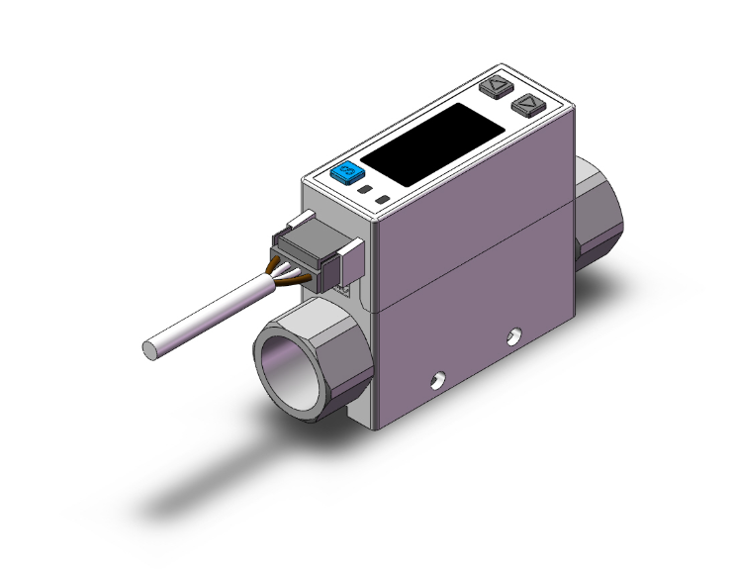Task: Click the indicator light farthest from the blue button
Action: (x=383, y=201)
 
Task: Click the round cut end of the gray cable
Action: (x=150, y=347)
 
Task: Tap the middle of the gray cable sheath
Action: (x=208, y=317)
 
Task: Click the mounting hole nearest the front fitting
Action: (x=436, y=377)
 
